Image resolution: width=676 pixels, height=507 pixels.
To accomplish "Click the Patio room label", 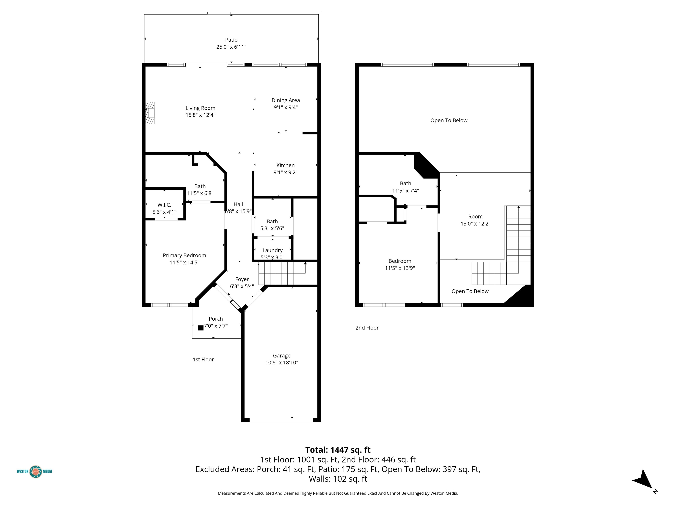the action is [231, 40].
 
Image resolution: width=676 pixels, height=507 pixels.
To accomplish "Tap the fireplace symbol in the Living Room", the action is [150, 113].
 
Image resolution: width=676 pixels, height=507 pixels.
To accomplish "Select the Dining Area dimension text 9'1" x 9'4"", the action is [286, 107].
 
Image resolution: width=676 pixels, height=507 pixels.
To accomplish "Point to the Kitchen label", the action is [285, 165].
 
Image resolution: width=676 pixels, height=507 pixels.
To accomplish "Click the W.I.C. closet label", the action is [164, 205].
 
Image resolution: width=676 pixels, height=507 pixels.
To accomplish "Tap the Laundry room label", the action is [273, 250].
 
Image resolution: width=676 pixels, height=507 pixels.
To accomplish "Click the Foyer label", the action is [242, 279].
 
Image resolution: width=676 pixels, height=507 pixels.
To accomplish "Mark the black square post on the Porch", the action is [201, 328].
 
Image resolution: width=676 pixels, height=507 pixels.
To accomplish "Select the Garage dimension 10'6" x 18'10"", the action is [282, 363].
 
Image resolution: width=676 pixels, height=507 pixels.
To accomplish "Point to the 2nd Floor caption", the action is [367, 328].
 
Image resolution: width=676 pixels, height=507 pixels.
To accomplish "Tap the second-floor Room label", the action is [476, 217].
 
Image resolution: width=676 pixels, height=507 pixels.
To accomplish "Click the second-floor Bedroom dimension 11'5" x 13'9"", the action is [400, 268].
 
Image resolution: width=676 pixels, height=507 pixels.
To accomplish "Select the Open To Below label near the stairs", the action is [470, 291].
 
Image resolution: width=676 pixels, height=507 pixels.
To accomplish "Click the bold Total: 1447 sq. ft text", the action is [338, 450].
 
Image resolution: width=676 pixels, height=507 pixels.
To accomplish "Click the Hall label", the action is [238, 204].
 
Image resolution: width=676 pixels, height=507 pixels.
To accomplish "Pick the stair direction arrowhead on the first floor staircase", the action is [305, 263].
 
